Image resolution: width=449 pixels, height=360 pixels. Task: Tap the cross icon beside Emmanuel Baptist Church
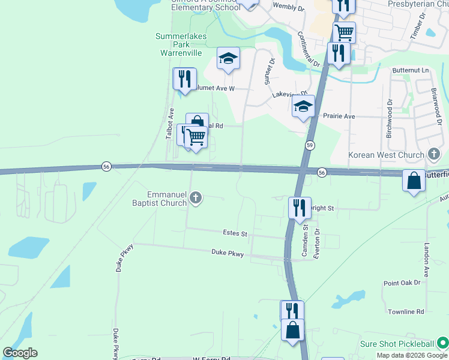(195, 197)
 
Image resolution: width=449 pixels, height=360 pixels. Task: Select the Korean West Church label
(387, 155)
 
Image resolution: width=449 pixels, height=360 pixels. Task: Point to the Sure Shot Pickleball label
(397, 344)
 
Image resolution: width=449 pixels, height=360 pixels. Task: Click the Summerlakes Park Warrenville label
(181, 45)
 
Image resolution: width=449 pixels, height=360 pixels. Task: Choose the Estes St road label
(235, 233)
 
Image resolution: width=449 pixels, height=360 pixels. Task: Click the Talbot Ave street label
(170, 124)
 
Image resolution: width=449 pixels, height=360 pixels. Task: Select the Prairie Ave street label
(339, 116)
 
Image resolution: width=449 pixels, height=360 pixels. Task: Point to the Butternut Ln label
(411, 71)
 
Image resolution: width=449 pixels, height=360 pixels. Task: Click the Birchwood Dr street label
(389, 118)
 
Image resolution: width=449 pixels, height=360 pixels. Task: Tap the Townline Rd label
(406, 312)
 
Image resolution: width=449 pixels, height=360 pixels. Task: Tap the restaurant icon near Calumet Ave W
(184, 79)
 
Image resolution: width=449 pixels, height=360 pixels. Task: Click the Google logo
(20, 353)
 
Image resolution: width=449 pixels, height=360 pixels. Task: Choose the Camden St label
(305, 241)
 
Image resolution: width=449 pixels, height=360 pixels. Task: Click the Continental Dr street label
(309, 49)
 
